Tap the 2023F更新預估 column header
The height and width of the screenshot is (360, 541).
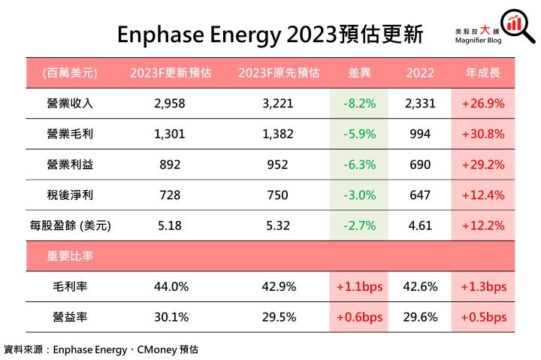click(x=170, y=73)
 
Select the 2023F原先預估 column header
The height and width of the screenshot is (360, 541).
click(x=279, y=73)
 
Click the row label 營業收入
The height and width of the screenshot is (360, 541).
click(x=70, y=103)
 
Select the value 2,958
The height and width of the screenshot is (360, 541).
click(x=170, y=103)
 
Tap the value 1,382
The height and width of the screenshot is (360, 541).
click(x=279, y=134)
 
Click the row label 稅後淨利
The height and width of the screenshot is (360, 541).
click(x=70, y=193)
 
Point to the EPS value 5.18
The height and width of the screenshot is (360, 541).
click(x=170, y=223)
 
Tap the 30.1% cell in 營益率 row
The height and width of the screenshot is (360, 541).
click(x=170, y=317)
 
